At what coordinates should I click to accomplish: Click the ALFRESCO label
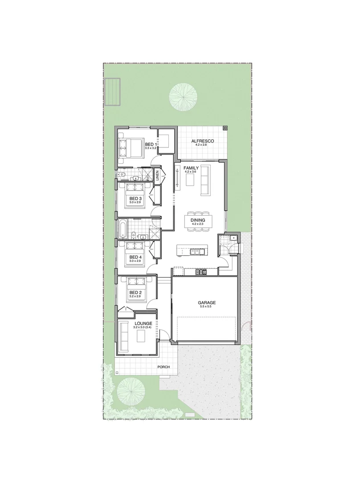(x=203, y=141)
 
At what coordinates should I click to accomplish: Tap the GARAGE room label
(x=206, y=302)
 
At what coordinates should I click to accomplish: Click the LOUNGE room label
(x=143, y=323)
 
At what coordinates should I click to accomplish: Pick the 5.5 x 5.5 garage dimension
(x=206, y=307)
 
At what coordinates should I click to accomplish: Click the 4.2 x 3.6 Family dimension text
(x=191, y=171)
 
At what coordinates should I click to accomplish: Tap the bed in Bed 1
(x=130, y=147)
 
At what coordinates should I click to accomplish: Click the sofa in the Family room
(x=206, y=179)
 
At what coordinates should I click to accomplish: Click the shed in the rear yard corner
(x=113, y=92)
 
